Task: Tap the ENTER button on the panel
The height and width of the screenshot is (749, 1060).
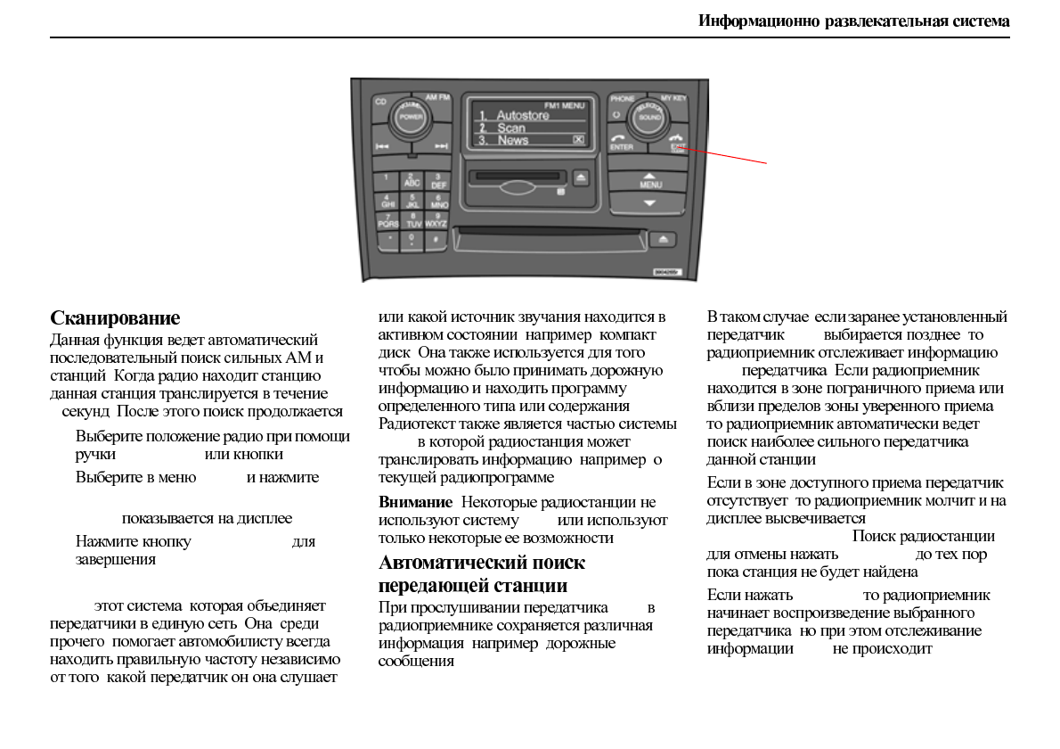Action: click(622, 141)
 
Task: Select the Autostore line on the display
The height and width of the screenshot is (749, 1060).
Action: click(522, 116)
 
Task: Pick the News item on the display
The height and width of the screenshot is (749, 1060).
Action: click(512, 140)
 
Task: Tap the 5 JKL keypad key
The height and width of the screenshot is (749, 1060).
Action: click(412, 200)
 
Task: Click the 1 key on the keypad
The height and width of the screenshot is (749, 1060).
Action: click(387, 179)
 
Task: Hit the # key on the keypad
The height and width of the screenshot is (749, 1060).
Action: click(436, 239)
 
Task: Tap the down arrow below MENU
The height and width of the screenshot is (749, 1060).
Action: click(649, 203)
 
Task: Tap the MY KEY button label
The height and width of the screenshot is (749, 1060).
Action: click(673, 98)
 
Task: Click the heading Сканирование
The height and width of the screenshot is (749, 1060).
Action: click(115, 318)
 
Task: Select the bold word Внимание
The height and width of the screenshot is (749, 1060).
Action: click(415, 503)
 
